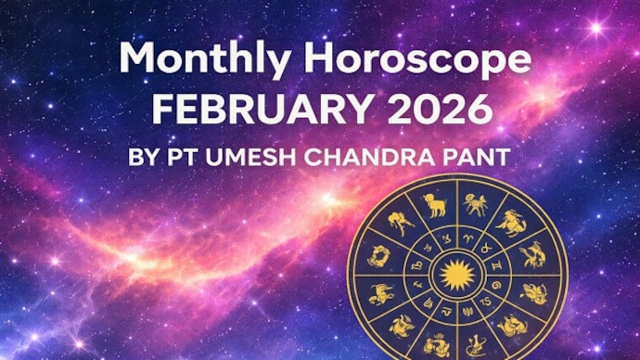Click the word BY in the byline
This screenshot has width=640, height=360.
pos(145,156)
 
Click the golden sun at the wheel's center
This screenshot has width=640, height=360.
pos(454,275)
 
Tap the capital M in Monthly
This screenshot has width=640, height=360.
pos(137,61)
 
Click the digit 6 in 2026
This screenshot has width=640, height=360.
pos(479,109)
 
